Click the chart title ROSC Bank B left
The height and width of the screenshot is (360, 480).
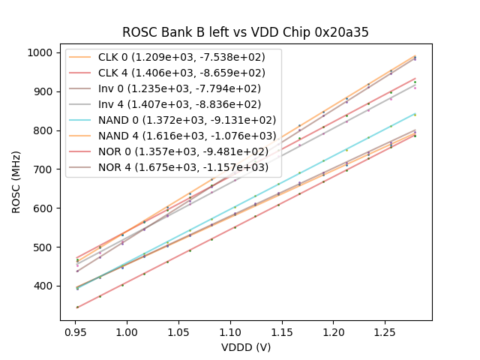click(246, 33)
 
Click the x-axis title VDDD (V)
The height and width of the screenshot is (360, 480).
click(246, 346)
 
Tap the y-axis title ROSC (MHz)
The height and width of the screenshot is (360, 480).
click(16, 180)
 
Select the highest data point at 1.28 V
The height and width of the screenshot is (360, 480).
click(415, 56)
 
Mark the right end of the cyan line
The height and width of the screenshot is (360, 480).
click(415, 114)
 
